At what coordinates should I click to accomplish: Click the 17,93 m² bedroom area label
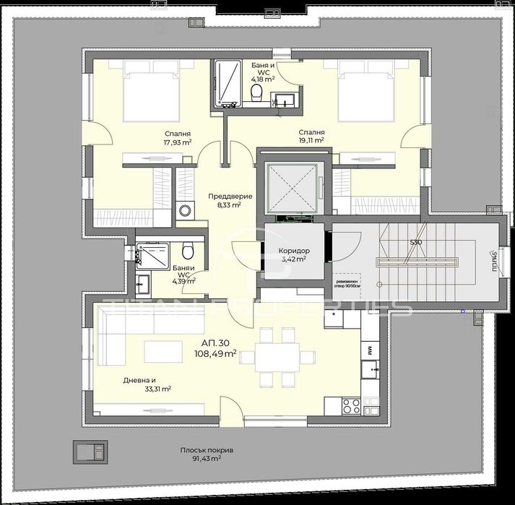point(178,142)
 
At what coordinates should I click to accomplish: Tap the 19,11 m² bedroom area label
point(311,142)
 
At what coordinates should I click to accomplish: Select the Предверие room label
point(224,196)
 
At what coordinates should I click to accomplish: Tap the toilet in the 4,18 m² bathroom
point(256,94)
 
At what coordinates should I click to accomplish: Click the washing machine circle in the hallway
point(186,211)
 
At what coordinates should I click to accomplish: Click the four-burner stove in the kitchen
point(351,406)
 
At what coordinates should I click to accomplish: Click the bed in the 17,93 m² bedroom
point(151,92)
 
